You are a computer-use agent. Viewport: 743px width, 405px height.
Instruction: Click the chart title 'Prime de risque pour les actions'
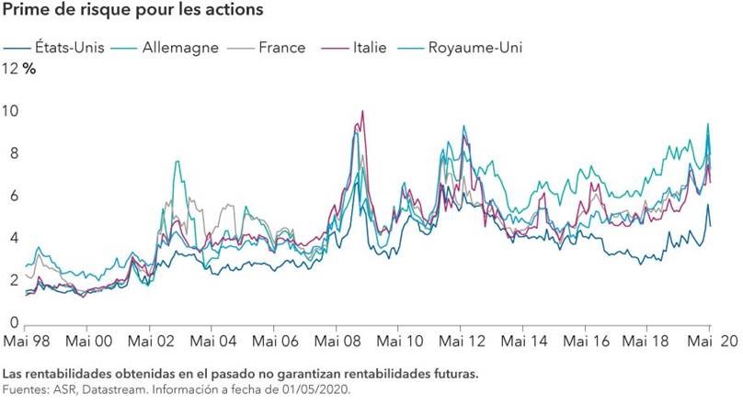[x=134, y=10]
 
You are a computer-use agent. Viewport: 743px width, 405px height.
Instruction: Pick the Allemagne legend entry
[x=176, y=47]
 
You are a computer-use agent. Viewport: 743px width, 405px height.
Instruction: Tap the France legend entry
[x=280, y=47]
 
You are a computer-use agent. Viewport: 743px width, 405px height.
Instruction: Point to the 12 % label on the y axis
[x=19, y=69]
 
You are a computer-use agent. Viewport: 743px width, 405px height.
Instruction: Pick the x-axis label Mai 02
[x=152, y=341]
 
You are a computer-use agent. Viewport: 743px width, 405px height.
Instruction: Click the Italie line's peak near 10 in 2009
[x=362, y=112]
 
